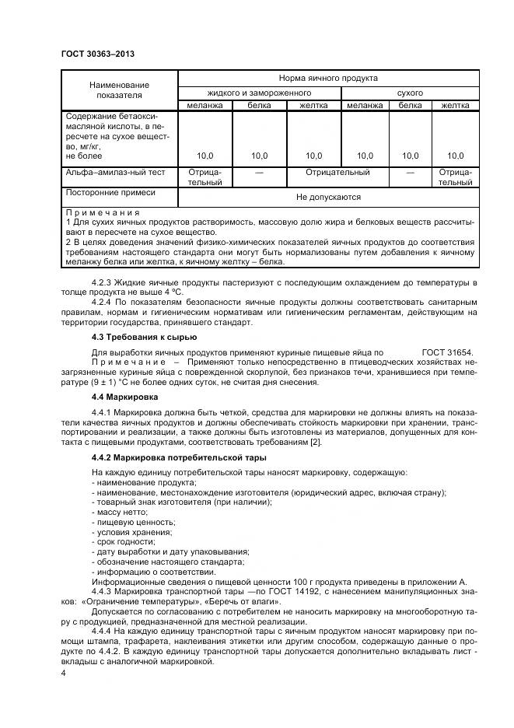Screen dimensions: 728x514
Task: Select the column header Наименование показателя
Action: [119, 89]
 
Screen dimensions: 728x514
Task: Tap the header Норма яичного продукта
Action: [328, 79]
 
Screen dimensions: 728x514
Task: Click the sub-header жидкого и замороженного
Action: [260, 93]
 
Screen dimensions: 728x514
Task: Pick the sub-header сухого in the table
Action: [410, 93]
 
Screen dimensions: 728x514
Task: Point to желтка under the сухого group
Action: [455, 105]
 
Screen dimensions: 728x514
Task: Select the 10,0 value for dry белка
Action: [411, 156]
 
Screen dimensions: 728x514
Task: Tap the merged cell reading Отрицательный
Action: [337, 172]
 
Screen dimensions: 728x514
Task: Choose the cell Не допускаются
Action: [328, 198]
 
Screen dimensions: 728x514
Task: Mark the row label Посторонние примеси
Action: [110, 191]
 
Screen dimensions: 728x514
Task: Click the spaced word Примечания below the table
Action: [103, 212]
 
